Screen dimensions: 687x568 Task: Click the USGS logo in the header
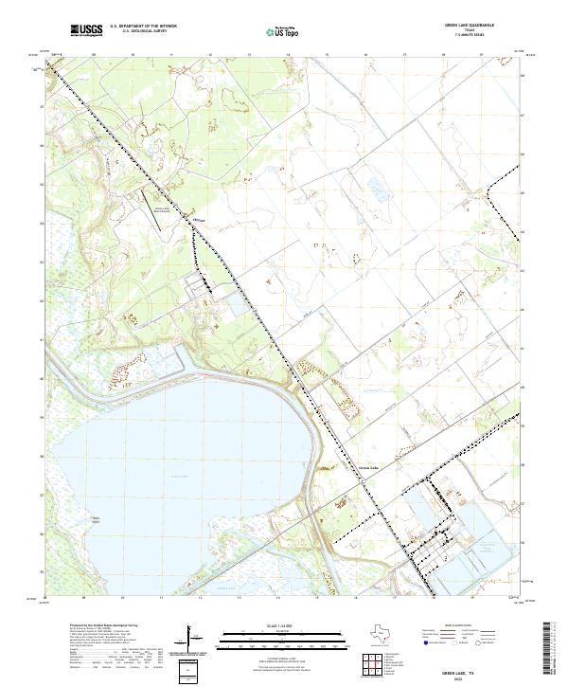pos(86,30)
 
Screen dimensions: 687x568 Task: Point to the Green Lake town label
pos(367,466)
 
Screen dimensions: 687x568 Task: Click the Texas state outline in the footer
pos(389,635)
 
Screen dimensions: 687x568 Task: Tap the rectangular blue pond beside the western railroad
pos(234,305)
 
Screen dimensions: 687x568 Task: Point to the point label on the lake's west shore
pos(96,517)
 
